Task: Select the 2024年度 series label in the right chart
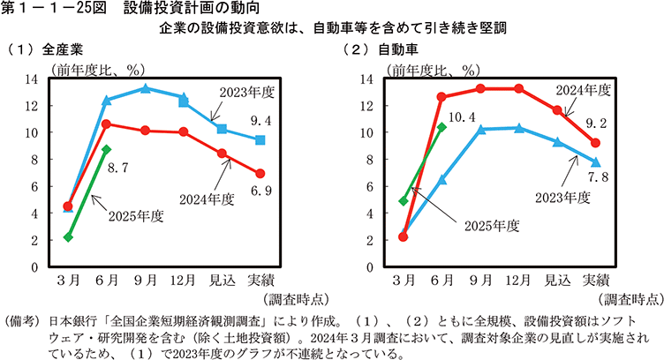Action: coord(584,89)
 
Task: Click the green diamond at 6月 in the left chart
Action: coord(106,149)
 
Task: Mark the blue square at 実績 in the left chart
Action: coord(260,139)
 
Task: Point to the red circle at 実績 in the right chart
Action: coord(596,142)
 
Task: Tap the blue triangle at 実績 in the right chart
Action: coord(596,161)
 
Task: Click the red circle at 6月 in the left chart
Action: coord(106,124)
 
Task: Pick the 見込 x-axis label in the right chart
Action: coord(557,282)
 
